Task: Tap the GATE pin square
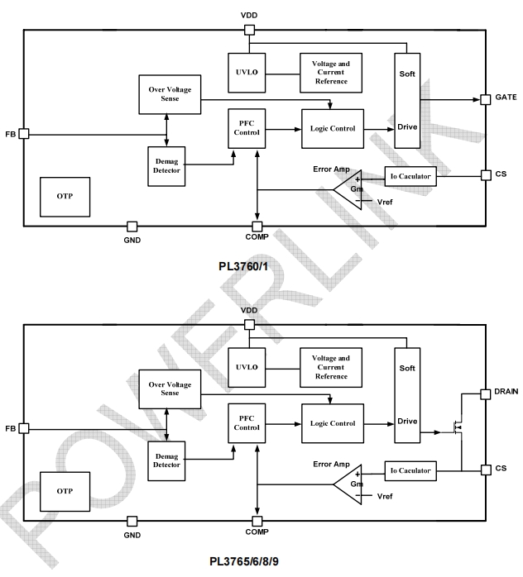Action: (x=486, y=100)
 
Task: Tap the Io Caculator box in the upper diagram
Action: (x=410, y=176)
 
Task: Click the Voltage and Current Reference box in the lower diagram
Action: (x=330, y=367)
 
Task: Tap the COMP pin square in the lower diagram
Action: (x=257, y=521)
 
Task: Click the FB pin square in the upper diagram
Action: (x=24, y=133)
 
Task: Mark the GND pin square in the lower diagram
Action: (x=132, y=521)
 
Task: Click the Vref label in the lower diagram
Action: (x=385, y=497)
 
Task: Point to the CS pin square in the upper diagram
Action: (x=486, y=175)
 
